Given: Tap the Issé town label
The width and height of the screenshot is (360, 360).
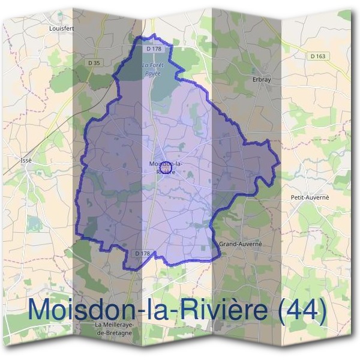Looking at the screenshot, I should coord(26,161).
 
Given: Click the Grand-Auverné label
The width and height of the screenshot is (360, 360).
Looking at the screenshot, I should coord(241,244).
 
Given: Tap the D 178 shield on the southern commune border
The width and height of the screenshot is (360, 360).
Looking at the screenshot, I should coord(142,253).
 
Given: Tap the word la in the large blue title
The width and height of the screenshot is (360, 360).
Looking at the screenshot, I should coord(148,310).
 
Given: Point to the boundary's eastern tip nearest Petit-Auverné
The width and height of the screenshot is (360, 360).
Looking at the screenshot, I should coord(278,163).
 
